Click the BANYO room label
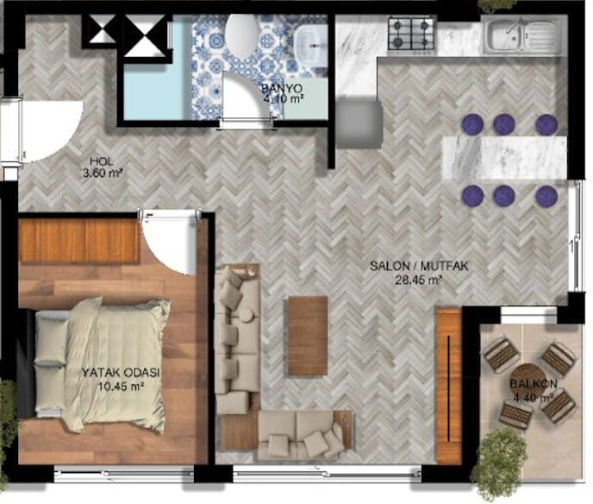coord(282,89)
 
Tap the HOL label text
coord(102,161)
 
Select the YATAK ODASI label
coord(121,372)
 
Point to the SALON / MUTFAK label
coord(419,266)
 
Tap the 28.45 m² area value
coord(419,280)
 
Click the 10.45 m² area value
coord(121,387)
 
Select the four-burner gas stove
coord(412,34)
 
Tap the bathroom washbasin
coord(311,46)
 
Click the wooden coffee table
coord(308,336)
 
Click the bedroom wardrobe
coord(78,241)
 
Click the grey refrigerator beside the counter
coord(359,123)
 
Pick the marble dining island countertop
coord(504,158)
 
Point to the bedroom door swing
coord(169,243)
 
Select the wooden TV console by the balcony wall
coord(449,387)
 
